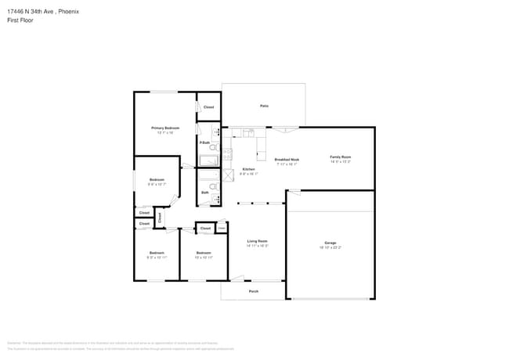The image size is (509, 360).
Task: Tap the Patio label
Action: [x=264, y=106]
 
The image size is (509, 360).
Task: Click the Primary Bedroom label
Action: [x=165, y=128]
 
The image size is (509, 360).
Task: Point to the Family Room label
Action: [x=340, y=157]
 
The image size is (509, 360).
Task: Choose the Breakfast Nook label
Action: [x=287, y=159]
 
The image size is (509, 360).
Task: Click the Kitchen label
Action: [x=248, y=169]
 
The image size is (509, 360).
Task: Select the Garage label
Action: [x=330, y=243]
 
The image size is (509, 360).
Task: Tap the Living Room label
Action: [x=258, y=241]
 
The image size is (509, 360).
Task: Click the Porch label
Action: [x=254, y=291]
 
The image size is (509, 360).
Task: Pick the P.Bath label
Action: [x=204, y=142]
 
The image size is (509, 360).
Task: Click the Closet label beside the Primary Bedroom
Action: [x=208, y=107]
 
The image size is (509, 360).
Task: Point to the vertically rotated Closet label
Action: [x=159, y=217]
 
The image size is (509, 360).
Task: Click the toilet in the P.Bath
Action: [x=213, y=146]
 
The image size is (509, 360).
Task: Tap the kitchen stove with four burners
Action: [x=228, y=154]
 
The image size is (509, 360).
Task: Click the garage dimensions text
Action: [x=330, y=247]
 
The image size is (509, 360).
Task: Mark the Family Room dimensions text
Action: [x=340, y=161]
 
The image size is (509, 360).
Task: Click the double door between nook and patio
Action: [x=286, y=128]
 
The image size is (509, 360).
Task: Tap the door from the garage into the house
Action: [x=294, y=193]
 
